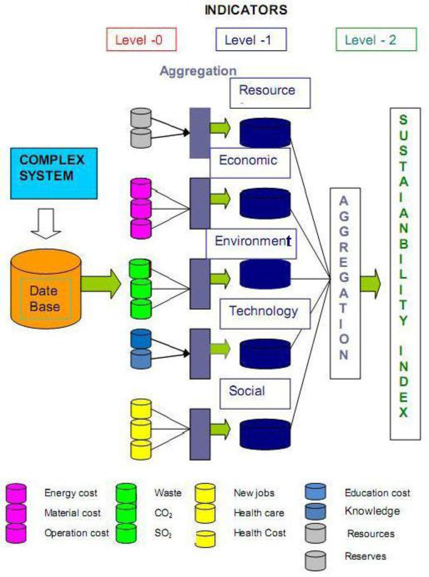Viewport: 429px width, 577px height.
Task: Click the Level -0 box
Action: pyautogui.click(x=141, y=40)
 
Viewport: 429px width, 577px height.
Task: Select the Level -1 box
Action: pyautogui.click(x=251, y=40)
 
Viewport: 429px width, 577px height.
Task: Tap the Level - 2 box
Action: pyautogui.click(x=376, y=40)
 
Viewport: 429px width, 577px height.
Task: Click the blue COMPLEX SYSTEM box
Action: pyautogui.click(x=54, y=173)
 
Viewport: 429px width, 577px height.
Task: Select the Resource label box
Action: pyautogui.click(x=270, y=93)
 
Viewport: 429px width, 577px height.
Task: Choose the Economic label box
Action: pyautogui.click(x=250, y=162)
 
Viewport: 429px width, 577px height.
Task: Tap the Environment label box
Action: pyautogui.click(x=251, y=243)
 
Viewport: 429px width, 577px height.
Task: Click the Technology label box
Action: pyautogui.click(x=265, y=313)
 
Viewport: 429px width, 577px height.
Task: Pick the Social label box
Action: pyautogui.click(x=255, y=393)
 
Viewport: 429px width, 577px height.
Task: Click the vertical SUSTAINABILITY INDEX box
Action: pyautogui.click(x=404, y=274)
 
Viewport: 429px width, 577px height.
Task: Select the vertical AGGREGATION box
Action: pyautogui.click(x=345, y=283)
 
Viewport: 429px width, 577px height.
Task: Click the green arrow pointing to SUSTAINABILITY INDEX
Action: pyautogui.click(x=370, y=283)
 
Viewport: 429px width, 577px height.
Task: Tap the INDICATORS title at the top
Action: pyautogui.click(x=246, y=10)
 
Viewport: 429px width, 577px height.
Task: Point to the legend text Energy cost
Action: pyautogui.click(x=71, y=493)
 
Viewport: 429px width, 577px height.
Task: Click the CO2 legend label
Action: pyautogui.click(x=163, y=513)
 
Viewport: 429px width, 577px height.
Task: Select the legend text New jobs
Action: pyautogui.click(x=254, y=493)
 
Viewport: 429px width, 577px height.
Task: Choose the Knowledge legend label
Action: pyautogui.click(x=372, y=511)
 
